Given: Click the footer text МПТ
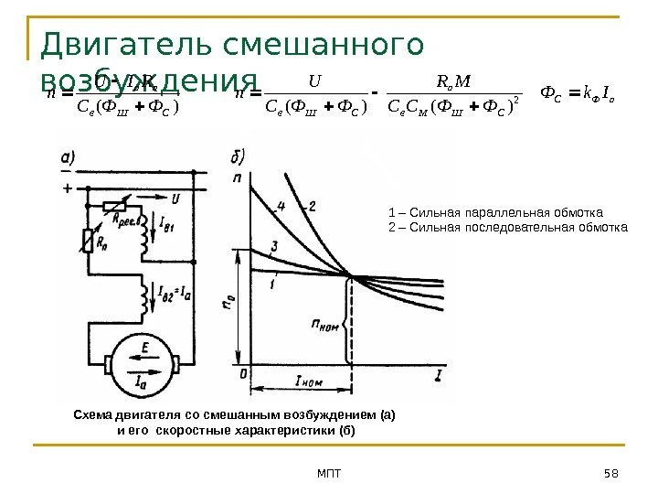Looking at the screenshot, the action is tap(327, 472).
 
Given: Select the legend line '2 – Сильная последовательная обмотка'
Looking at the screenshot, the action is tap(508, 225).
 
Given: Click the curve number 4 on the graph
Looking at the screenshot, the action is tap(282, 206).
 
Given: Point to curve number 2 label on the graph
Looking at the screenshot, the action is tap(313, 206).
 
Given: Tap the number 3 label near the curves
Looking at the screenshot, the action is tap(274, 247).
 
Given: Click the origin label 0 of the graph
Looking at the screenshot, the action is tap(242, 373).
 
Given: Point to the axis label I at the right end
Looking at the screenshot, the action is tap(440, 374).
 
